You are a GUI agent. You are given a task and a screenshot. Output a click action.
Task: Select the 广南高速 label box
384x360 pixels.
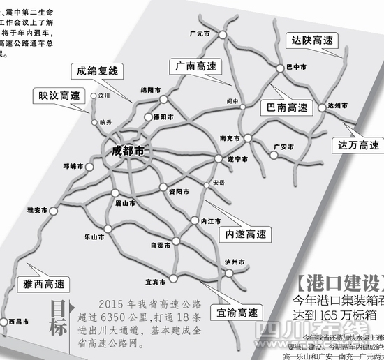pyautogui.click(x=196, y=66)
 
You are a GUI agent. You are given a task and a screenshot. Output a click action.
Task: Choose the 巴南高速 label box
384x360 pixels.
pyautogui.click(x=283, y=108)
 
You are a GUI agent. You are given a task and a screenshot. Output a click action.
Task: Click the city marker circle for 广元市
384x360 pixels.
pyautogui.click(x=222, y=34)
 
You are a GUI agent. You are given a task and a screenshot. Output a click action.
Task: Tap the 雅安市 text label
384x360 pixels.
pyautogui.click(x=36, y=209)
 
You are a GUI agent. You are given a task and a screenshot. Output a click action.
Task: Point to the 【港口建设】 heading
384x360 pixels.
pyautogui.click(x=338, y=283)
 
